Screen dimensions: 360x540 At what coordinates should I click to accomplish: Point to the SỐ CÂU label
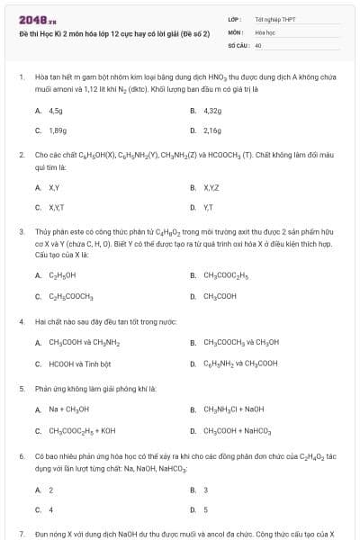coord(238,44)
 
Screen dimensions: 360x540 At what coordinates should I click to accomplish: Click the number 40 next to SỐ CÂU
coord(258,44)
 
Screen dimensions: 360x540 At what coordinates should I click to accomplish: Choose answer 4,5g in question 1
coord(55,111)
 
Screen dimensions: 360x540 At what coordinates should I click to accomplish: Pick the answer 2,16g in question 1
coord(212,130)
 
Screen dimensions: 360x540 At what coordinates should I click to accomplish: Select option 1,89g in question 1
coord(57,130)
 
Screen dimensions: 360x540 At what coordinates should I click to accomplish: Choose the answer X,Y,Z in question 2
coord(212,188)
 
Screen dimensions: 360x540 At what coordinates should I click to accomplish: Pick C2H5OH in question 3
coord(61,275)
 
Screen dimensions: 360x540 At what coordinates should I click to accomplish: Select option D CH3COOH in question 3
coord(220,295)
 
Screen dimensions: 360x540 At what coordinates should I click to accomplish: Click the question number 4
coord(22,321)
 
